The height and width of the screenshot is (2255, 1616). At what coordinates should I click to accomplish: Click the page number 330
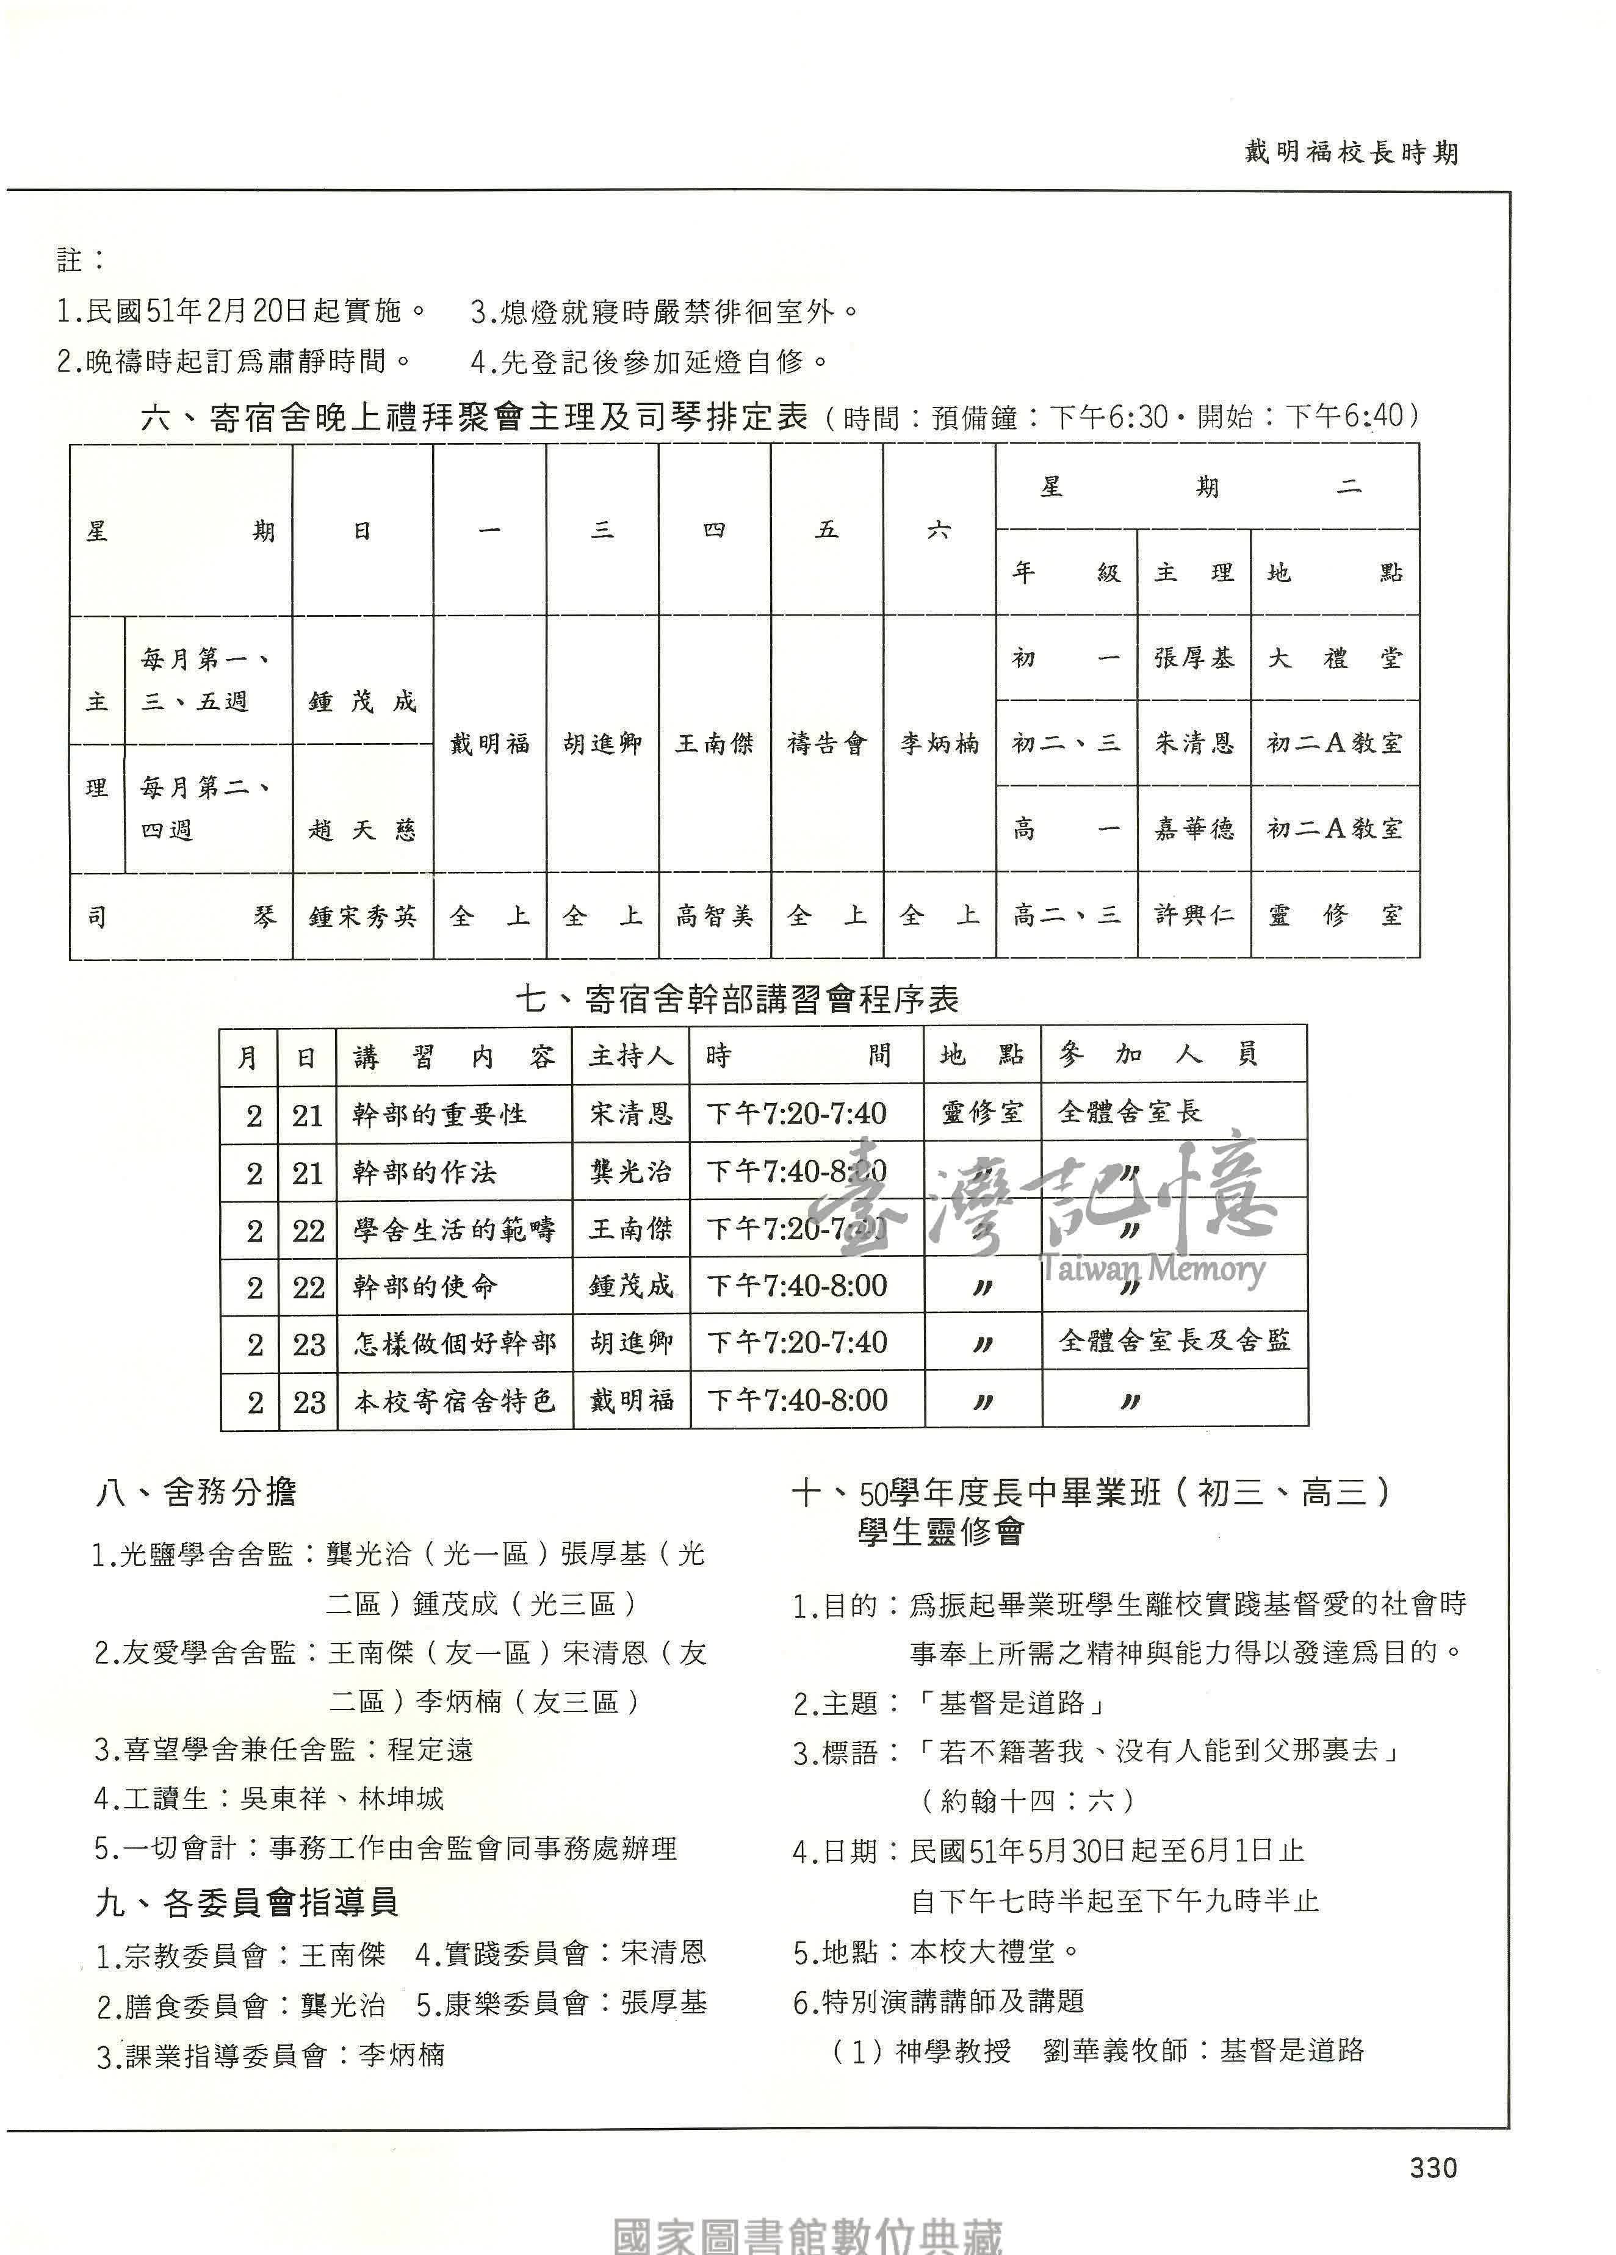[x=1432, y=2168]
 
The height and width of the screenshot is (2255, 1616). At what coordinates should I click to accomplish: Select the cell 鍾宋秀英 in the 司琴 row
[x=362, y=916]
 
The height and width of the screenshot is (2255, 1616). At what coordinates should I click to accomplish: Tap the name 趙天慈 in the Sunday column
[x=362, y=829]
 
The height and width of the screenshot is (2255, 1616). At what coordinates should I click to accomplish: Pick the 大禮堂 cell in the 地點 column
[x=1335, y=658]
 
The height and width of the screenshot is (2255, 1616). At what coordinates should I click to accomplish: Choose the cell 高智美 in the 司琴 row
[x=714, y=916]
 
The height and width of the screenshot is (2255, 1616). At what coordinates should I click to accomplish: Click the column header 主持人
[x=630, y=1055]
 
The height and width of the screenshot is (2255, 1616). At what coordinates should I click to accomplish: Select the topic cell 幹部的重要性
[x=439, y=1113]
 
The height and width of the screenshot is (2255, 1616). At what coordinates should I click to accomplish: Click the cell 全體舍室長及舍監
[x=1174, y=1340]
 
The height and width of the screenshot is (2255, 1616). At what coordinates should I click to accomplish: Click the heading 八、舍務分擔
[x=196, y=1491]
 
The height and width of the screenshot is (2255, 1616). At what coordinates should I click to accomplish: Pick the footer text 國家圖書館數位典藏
[x=807, y=2235]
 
